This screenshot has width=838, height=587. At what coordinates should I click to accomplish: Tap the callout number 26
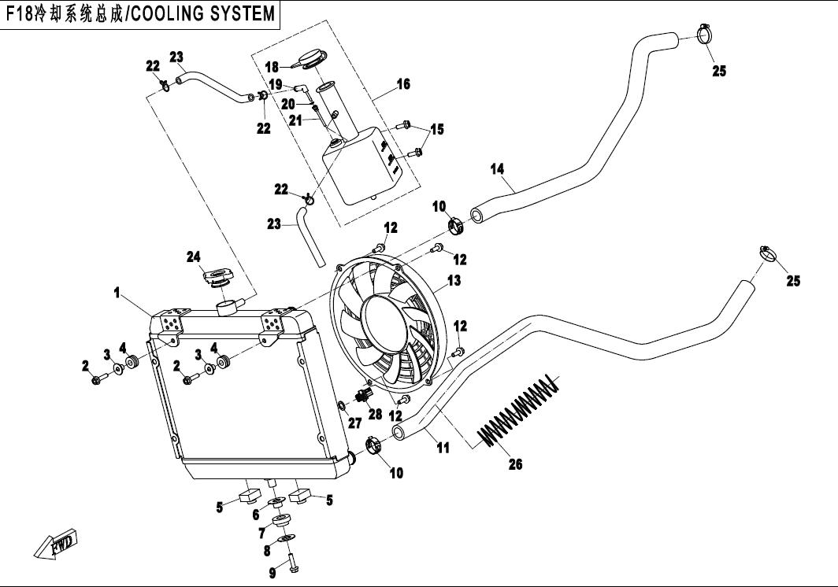click(x=514, y=464)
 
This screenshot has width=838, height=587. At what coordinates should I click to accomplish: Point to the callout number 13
click(x=454, y=280)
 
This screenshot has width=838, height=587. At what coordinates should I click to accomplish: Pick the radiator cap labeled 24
click(x=216, y=279)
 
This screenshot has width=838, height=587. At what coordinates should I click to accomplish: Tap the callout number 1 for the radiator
click(x=117, y=293)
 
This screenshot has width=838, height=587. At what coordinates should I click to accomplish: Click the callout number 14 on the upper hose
click(x=496, y=168)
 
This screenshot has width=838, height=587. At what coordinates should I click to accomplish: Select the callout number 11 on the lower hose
click(x=443, y=448)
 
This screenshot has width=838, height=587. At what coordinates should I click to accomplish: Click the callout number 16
click(x=402, y=83)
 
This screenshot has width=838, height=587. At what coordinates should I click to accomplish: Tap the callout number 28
click(x=374, y=414)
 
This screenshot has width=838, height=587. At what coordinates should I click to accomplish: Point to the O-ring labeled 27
click(x=341, y=406)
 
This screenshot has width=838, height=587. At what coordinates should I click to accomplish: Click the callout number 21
click(x=295, y=120)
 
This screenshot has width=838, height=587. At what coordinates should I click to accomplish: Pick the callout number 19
click(x=276, y=83)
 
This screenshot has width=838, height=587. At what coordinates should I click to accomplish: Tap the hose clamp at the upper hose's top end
click(x=705, y=34)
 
